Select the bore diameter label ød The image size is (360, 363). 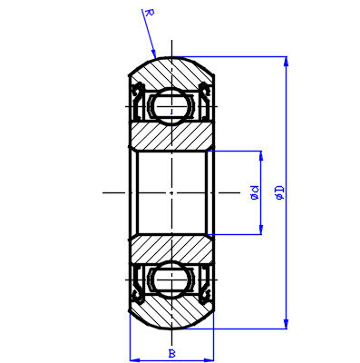tap(255, 192)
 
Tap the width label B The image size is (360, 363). tap(171, 352)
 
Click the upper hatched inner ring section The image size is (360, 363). tap(171, 136)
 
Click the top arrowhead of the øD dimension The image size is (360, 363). tap(287, 60)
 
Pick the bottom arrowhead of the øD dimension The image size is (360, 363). tap(287, 326)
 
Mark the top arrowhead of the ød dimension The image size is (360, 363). tap(262, 152)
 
